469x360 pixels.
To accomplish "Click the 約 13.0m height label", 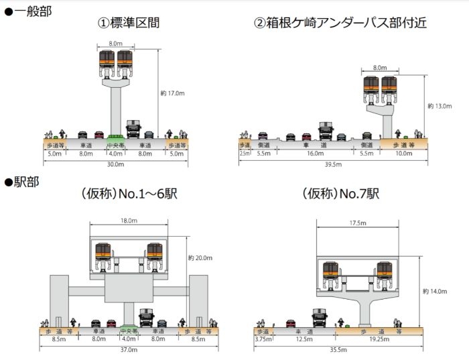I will click(x=440, y=106).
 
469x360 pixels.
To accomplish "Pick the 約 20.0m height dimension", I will click(x=200, y=257).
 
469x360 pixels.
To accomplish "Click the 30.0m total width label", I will click(x=115, y=164).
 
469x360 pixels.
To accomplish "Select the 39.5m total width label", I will click(x=333, y=164).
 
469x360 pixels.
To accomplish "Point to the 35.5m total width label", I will click(x=338, y=350).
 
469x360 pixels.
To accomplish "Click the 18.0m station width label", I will click(x=128, y=221).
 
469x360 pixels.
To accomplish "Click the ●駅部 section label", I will click(x=22, y=182).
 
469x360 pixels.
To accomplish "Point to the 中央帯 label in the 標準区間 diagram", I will click(x=115, y=144).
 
